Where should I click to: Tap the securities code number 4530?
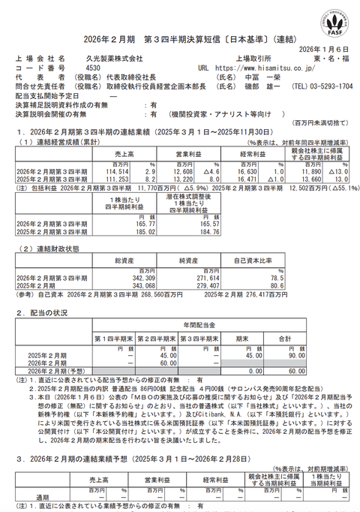(x=73, y=68)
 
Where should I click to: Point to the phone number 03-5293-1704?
(x=323, y=86)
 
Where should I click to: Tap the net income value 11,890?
(x=313, y=171)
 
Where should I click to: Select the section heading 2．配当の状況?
(x=43, y=312)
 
